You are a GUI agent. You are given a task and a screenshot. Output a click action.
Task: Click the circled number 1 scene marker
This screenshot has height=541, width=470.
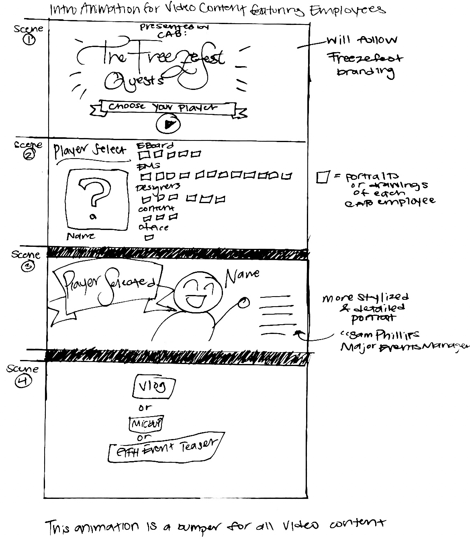(29, 40)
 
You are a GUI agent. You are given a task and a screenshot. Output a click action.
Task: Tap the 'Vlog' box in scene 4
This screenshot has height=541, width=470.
(154, 386)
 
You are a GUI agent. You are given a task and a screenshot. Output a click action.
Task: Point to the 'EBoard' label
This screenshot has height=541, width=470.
(155, 146)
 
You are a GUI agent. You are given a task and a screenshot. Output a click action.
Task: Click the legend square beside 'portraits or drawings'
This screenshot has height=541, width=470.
(323, 177)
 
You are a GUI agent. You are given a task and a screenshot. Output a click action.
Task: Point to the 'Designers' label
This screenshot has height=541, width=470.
(158, 187)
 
